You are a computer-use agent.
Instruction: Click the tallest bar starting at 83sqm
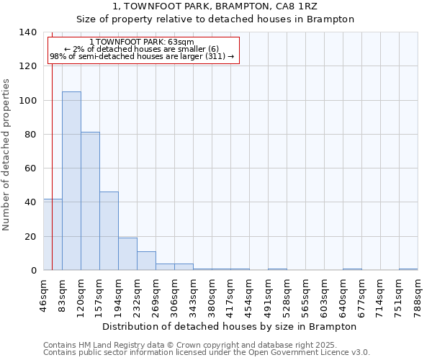(x=71, y=181)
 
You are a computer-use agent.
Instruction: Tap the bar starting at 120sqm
(x=90, y=201)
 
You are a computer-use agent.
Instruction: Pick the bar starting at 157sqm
(x=109, y=230)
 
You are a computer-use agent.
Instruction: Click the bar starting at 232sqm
(x=146, y=261)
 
